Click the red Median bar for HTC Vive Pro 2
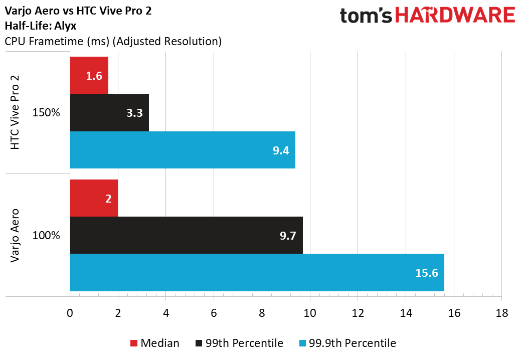[x=89, y=76]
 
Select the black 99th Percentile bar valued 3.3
[x=109, y=113]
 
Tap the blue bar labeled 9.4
[x=183, y=150]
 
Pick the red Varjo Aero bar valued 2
[x=94, y=198]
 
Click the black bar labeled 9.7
[x=186, y=235]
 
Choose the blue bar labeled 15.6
[x=257, y=272]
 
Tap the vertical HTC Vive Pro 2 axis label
[x=16, y=112]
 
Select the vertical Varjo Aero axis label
[x=16, y=235]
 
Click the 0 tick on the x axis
[x=70, y=313]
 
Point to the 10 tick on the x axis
[x=310, y=313]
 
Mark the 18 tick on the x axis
[x=501, y=313]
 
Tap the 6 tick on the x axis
[x=214, y=313]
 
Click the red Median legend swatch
[x=133, y=343]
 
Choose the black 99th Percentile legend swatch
[x=200, y=343]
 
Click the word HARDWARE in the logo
[x=455, y=16]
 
